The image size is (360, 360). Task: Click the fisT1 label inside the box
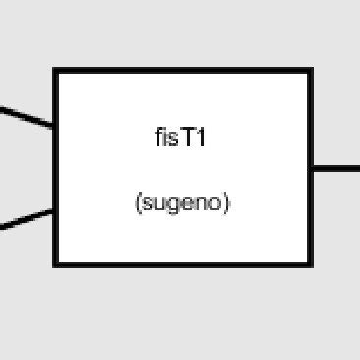[181, 138]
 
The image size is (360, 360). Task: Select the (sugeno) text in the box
[181, 203]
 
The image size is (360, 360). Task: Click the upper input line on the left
[26, 117]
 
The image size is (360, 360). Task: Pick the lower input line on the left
[26, 219]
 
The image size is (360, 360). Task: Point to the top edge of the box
[183, 71]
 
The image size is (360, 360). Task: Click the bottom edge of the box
[183, 263]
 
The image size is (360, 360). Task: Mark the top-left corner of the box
[56, 71]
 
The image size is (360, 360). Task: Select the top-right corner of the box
[311, 71]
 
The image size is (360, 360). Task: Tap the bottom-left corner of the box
[56, 263]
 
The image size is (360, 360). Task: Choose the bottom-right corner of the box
[311, 263]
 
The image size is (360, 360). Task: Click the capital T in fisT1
[187, 138]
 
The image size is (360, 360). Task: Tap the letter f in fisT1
[159, 138]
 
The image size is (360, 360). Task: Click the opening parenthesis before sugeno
[136, 203]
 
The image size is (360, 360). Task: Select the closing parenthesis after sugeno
[226, 203]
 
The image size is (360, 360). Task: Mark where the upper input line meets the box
[55, 127]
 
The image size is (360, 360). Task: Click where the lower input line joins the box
[55, 210]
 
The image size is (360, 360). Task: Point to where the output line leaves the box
[313, 168]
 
